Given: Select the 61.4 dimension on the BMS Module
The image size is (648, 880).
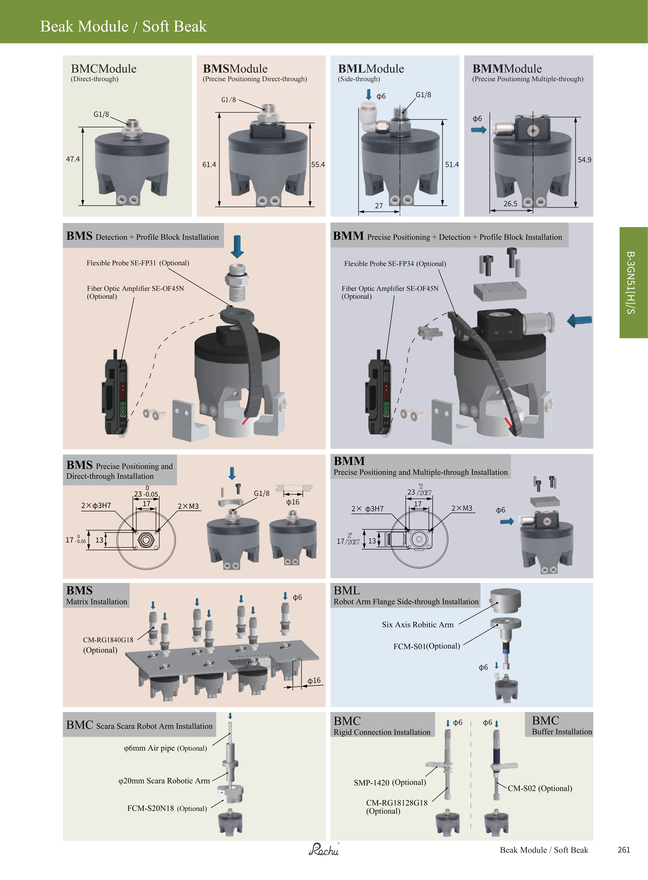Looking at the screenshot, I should [209, 165].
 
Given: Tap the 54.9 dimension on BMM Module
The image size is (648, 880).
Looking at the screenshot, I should [584, 160].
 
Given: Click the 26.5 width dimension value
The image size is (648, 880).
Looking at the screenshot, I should [510, 204].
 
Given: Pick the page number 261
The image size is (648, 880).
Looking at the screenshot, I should [624, 850].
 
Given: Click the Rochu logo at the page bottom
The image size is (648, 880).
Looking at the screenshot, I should [324, 850].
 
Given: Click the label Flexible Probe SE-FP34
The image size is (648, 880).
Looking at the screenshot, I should [379, 264].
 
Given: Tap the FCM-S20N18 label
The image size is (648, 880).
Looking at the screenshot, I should [151, 808].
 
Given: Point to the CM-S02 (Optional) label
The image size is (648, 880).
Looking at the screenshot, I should [540, 788].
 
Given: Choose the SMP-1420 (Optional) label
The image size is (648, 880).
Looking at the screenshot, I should [390, 782].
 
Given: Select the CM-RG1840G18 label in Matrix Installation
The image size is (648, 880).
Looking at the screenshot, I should [108, 640].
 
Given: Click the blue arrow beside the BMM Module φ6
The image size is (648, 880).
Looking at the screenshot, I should [479, 130].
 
